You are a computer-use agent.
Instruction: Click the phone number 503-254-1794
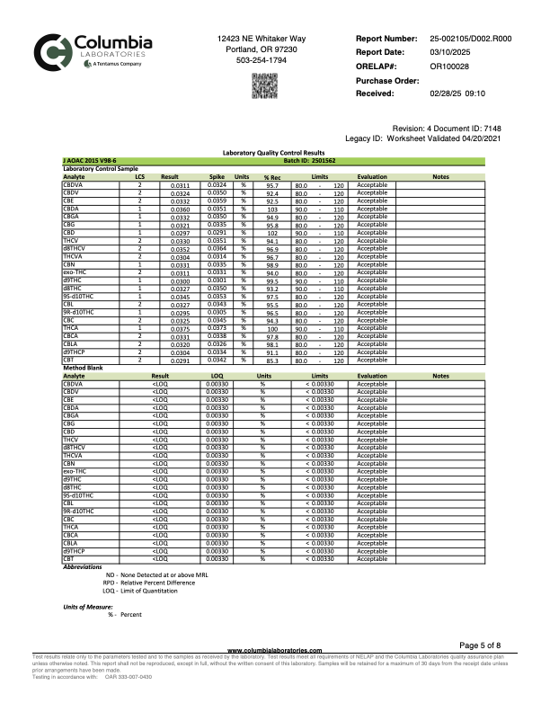[x=262, y=60]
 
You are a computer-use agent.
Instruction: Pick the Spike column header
[x=217, y=177]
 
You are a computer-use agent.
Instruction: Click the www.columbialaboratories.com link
[x=275, y=674]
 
